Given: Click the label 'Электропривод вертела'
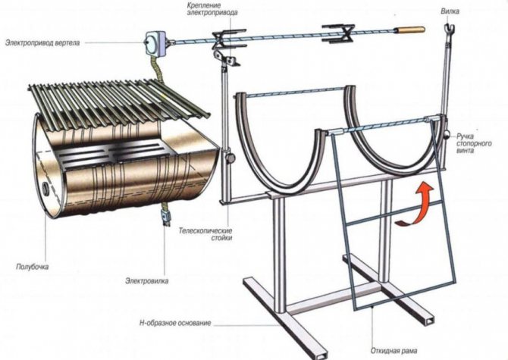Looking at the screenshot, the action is tap(42, 42).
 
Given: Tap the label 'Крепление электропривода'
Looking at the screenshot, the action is tap(212, 9).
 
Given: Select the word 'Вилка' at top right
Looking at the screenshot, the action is tap(450, 11).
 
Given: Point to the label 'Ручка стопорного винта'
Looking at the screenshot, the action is tap(474, 143).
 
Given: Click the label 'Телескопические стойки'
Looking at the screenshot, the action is tap(205, 235).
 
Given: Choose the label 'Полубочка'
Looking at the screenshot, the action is tap(32, 267).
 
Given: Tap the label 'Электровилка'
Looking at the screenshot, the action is tap(147, 280).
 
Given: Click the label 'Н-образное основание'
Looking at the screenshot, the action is tap(175, 323).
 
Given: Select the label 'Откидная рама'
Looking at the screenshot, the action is tap(394, 351).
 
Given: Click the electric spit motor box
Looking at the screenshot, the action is tap(155, 44).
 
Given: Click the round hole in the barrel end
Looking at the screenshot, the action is tap(45, 187).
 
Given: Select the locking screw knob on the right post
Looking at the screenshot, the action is tap(447, 134).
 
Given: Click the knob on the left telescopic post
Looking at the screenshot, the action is tap(230, 158).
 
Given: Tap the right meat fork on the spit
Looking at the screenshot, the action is tap(337, 33).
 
